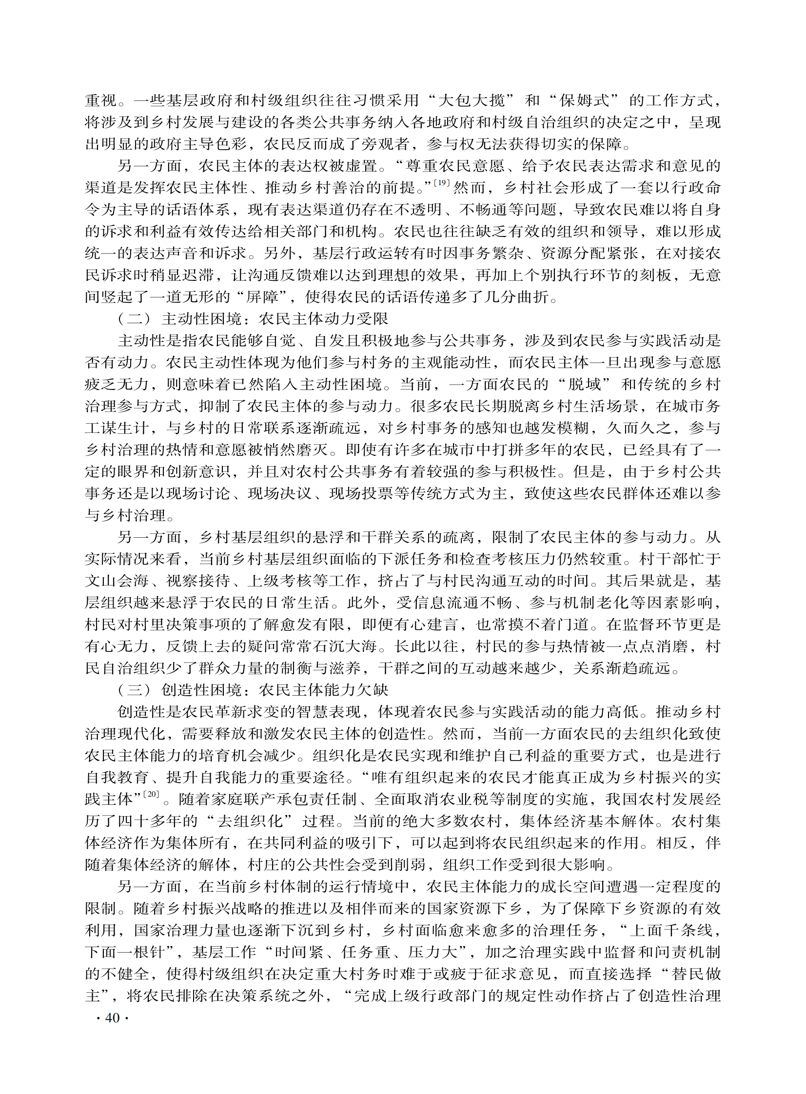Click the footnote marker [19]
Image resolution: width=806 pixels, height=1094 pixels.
point(442,184)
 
